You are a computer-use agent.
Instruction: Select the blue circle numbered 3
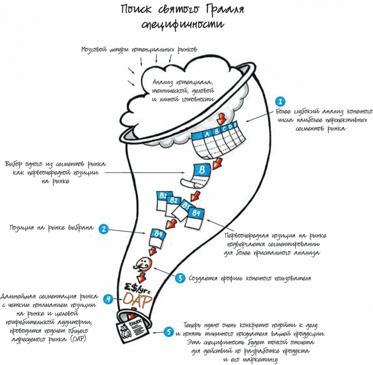tap(180, 278)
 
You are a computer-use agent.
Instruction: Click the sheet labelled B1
tap(163, 199)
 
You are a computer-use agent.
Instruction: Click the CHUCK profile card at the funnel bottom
tap(127, 331)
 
